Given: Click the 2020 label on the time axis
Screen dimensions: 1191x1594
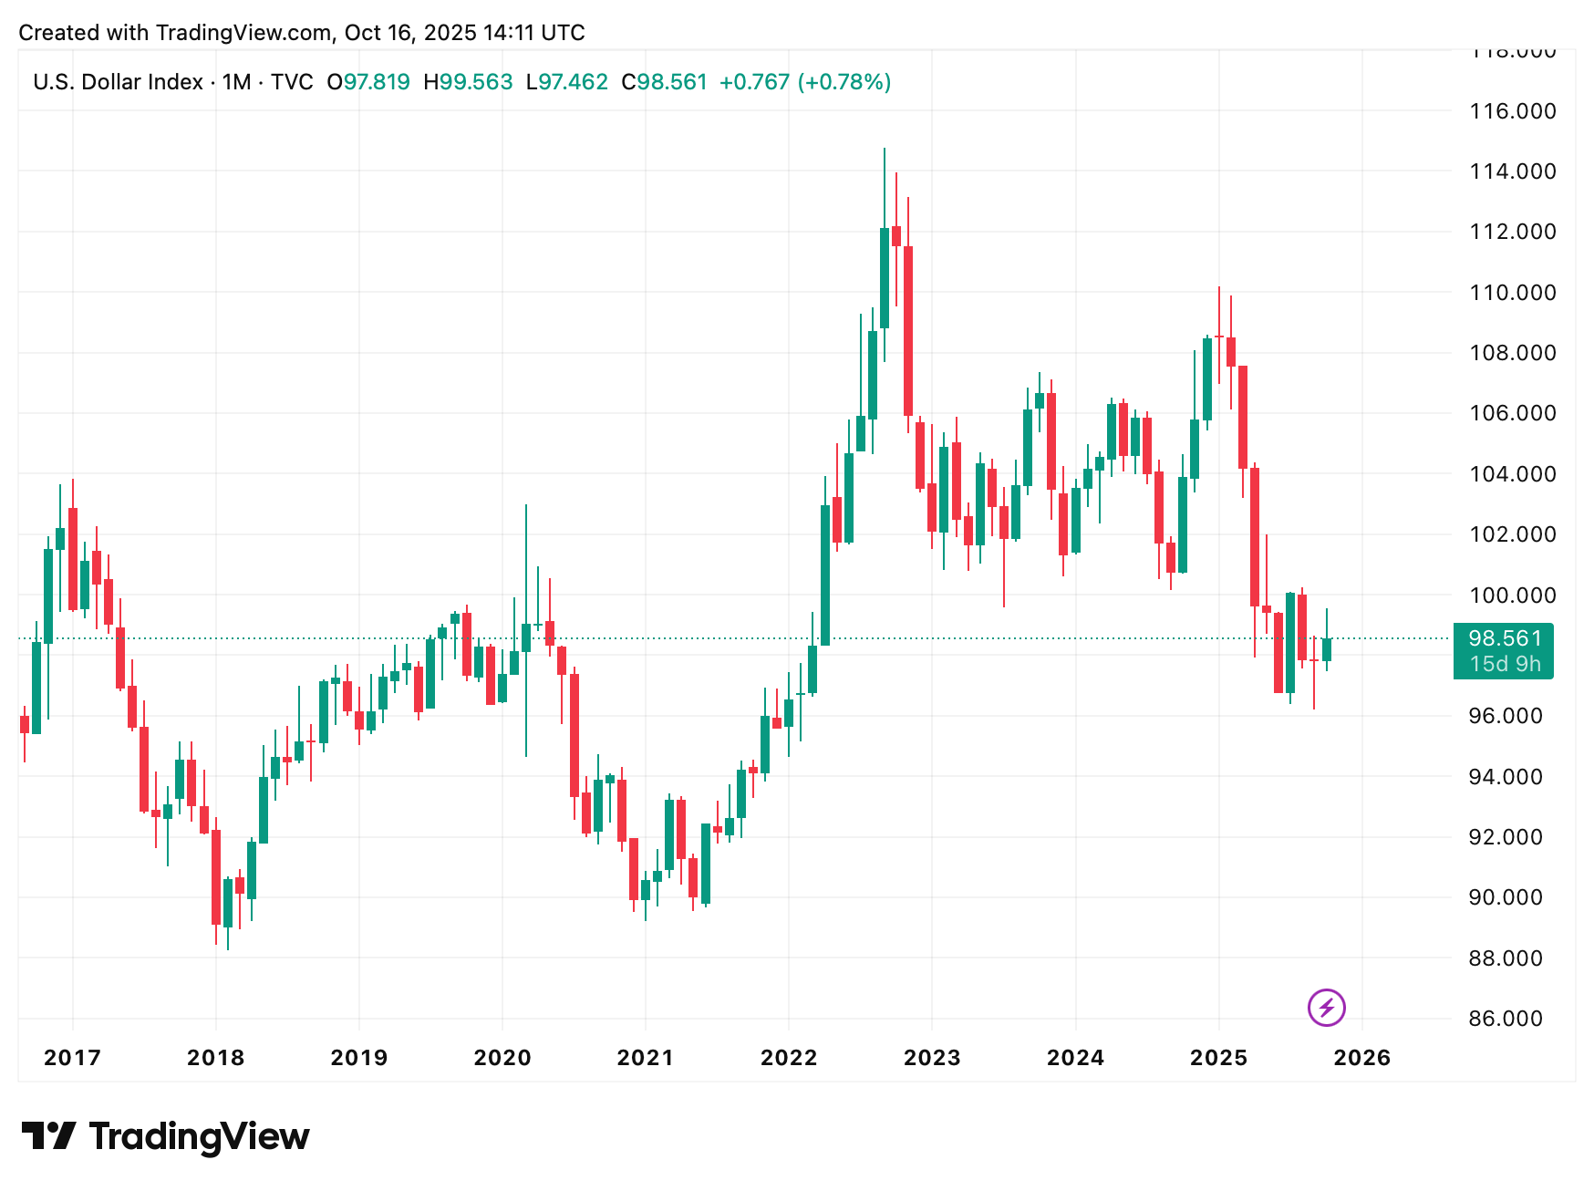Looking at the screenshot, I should click(502, 1057).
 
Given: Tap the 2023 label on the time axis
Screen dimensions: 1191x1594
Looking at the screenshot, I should click(932, 1057).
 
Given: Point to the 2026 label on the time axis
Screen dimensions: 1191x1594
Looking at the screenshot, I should click(1361, 1057).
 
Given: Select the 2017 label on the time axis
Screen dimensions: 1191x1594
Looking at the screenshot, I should click(72, 1057).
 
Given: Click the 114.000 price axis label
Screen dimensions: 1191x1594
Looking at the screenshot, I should click(1512, 171).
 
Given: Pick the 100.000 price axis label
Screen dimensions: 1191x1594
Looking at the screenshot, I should click(1512, 595).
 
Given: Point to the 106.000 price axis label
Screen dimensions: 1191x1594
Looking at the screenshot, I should click(1512, 413).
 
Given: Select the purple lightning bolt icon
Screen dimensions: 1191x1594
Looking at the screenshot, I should click(1327, 1008).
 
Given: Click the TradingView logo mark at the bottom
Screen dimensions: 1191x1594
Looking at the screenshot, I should click(49, 1136).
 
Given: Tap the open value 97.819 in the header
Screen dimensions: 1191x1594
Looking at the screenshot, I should click(377, 82).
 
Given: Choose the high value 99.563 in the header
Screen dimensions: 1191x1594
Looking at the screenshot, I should click(476, 82).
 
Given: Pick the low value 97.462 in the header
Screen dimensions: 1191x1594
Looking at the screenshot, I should click(573, 82).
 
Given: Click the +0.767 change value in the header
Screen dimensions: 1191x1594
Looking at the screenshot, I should click(754, 82).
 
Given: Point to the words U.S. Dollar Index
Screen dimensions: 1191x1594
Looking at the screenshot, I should click(119, 82).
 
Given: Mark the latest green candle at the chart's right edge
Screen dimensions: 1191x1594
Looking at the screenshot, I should click(1327, 649).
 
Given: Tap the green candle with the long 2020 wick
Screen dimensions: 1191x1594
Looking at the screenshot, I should click(526, 637).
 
